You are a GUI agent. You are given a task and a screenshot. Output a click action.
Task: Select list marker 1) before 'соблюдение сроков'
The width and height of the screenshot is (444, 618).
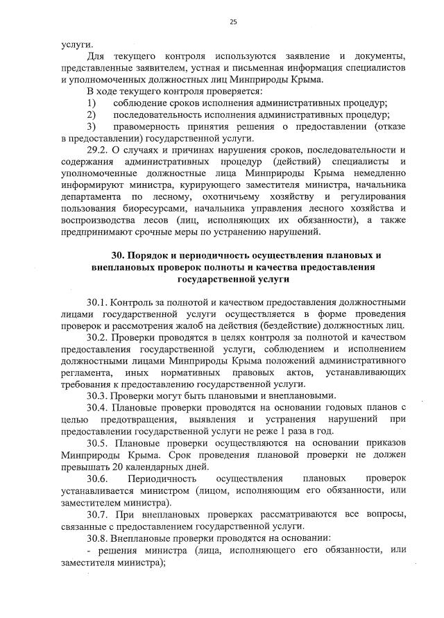click(x=91, y=103)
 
